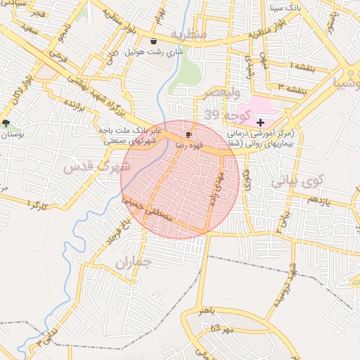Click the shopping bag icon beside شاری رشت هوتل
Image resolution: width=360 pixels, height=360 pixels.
(x=153, y=41)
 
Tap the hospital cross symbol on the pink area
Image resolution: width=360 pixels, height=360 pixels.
(x=260, y=122)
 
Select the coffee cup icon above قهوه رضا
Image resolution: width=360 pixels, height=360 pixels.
(x=188, y=134)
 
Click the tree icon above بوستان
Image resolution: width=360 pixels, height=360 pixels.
(x=6, y=123)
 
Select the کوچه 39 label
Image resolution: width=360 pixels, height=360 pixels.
(x=221, y=115)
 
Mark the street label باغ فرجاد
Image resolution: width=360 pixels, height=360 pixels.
(x=119, y=231)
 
